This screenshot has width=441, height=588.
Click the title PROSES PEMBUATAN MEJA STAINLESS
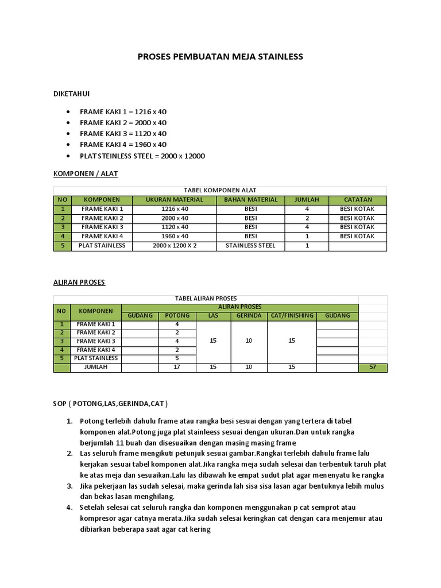pos(220,57)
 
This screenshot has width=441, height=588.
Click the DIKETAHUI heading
pos(71,93)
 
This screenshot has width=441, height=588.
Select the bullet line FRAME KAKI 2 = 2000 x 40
pos(123,122)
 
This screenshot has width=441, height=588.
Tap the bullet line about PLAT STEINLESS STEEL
pos(142,156)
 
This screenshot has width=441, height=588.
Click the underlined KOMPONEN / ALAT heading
pos(85,173)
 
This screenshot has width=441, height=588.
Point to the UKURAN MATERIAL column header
pos(174,200)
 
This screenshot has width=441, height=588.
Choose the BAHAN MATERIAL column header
pos(250,200)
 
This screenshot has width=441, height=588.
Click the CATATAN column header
pos(357,200)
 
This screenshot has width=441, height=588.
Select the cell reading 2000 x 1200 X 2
pos(174,246)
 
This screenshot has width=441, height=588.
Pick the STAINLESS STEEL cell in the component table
pos(250,246)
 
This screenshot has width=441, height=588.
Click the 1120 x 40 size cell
pos(174,227)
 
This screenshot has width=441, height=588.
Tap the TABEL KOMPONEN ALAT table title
pos(220,190)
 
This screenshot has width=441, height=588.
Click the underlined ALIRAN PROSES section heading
pos(79,283)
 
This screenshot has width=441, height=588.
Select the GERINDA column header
pos(249,316)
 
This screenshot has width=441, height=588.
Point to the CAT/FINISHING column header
pos(291,316)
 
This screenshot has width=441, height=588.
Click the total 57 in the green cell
pos(373,367)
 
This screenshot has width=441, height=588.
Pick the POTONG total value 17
pos(177,367)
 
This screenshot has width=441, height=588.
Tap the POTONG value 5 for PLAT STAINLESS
pos(177,358)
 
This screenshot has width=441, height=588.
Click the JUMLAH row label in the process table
pos(96,367)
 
